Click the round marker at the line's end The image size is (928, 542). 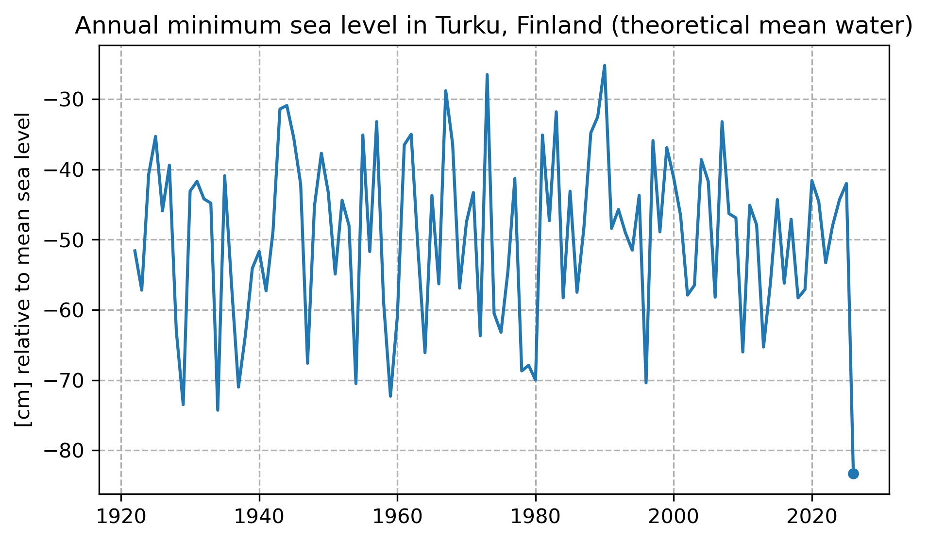point(853,474)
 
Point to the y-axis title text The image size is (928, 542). point(23,270)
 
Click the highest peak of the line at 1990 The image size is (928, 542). point(605,66)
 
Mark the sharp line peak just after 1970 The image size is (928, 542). point(487,75)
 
